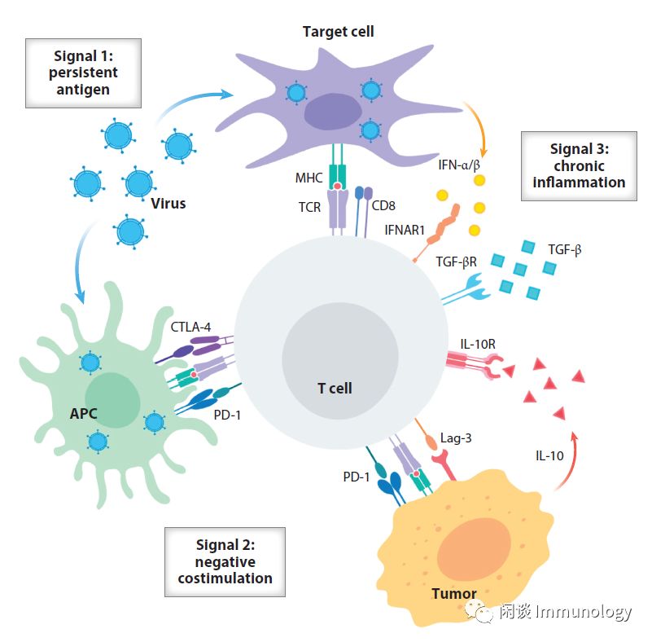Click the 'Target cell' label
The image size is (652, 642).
(x=338, y=32)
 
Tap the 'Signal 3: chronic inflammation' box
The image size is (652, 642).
(x=579, y=165)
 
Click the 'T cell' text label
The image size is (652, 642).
(x=335, y=388)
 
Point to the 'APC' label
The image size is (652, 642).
(x=83, y=414)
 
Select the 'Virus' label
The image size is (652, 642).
(x=168, y=203)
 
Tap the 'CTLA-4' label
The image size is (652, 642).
(x=191, y=328)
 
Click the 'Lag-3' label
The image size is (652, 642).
(x=456, y=438)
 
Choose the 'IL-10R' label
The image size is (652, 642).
(x=478, y=344)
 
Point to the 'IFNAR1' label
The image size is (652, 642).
(x=405, y=230)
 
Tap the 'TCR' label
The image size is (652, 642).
(x=309, y=207)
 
